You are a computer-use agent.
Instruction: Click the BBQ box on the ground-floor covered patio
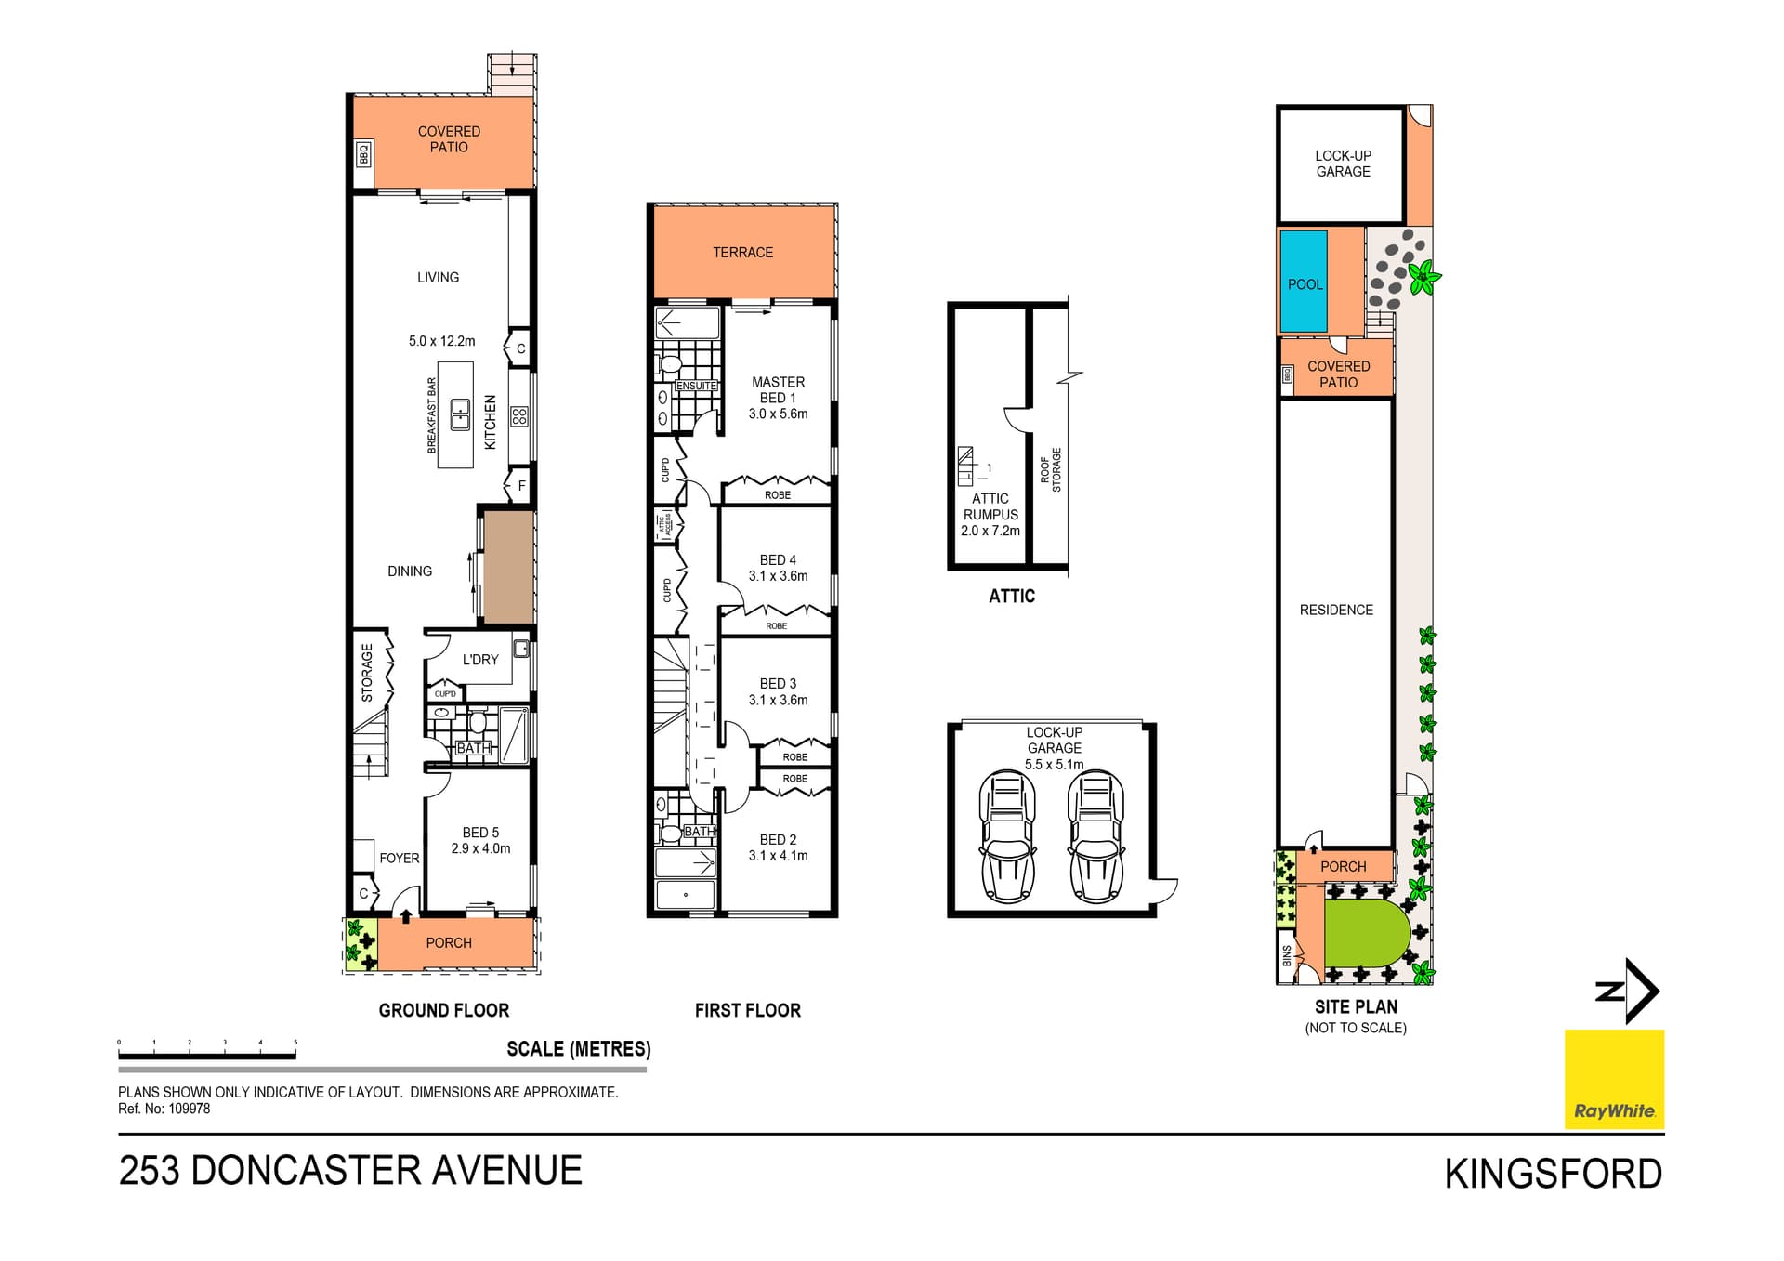point(364,153)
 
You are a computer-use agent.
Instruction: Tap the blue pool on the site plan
point(1304,282)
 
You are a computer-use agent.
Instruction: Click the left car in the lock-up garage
point(1007,836)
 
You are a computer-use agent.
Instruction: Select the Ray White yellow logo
point(1614,1079)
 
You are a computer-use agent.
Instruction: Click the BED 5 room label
point(480,833)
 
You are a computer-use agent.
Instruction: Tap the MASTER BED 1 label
point(778,389)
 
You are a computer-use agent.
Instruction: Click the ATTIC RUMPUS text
point(990,506)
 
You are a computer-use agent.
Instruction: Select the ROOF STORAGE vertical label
point(1050,469)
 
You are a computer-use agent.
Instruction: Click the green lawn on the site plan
point(1361,932)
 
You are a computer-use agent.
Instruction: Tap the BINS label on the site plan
point(1287,955)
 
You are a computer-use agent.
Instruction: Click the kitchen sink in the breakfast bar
point(460,414)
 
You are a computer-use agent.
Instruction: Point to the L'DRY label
point(480,660)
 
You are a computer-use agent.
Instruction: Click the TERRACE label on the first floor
point(742,253)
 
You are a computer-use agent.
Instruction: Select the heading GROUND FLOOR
point(443,1010)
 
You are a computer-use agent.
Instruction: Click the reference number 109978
point(189,1109)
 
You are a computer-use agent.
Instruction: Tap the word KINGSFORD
point(1553,1175)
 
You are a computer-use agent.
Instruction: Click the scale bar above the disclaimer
point(207,1055)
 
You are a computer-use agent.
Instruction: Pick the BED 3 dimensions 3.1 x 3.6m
point(778,701)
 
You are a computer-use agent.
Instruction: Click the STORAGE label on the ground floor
point(367,673)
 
